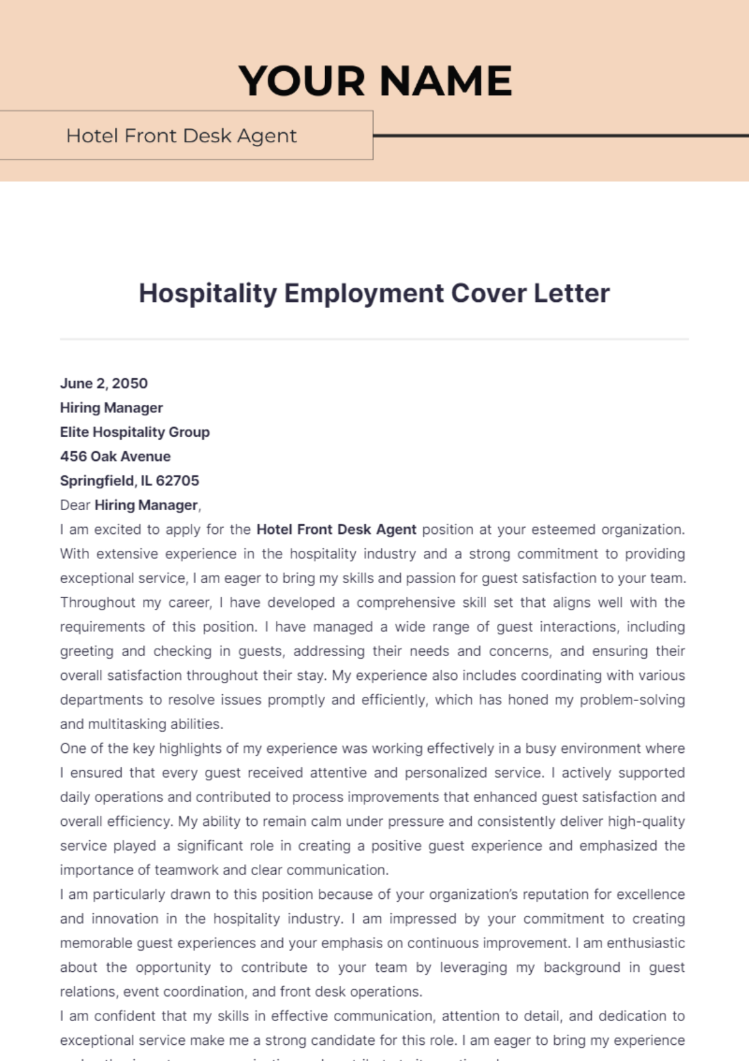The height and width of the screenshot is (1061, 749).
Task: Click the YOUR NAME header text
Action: click(375, 81)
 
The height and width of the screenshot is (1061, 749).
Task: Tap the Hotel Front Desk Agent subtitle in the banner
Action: click(182, 136)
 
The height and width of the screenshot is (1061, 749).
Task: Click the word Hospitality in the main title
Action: click(207, 293)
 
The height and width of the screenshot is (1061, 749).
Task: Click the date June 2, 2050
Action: click(104, 383)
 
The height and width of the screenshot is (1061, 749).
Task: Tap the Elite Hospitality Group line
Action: click(135, 432)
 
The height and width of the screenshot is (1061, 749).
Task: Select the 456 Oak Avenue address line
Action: click(115, 456)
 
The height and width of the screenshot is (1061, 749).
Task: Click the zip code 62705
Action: click(177, 480)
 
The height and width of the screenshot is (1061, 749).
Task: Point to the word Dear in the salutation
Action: click(75, 505)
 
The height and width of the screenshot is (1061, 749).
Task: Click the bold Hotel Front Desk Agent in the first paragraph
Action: click(336, 529)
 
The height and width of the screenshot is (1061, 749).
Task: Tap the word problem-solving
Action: click(632, 700)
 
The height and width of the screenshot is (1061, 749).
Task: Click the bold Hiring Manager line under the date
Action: click(111, 407)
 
